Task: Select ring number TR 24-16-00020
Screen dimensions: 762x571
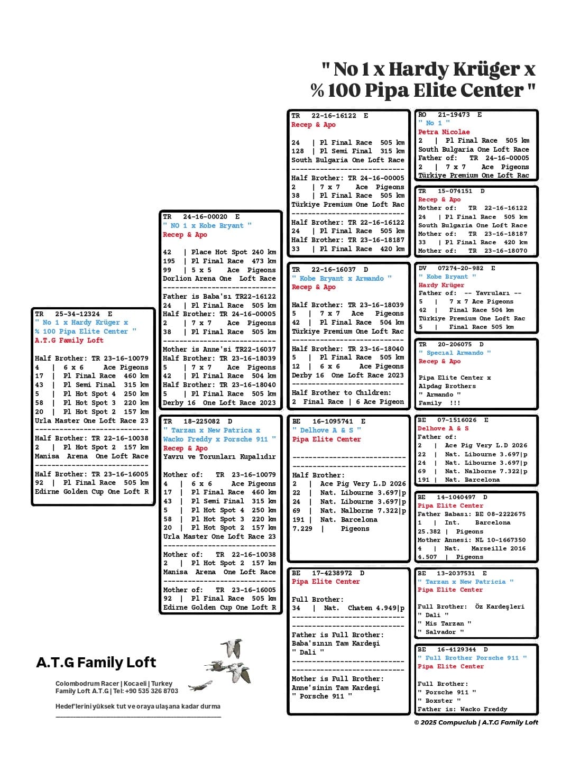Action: coord(201,216)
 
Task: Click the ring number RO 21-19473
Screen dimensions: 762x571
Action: coord(450,114)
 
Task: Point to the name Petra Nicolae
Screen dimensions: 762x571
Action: coord(444,132)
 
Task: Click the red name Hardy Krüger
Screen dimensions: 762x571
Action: coord(441,285)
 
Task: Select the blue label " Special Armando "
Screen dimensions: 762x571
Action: coord(454,353)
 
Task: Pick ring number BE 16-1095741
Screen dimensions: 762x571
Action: coord(328,421)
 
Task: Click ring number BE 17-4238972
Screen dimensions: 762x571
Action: coord(327,573)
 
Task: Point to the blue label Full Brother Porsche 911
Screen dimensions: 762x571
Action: coord(472,658)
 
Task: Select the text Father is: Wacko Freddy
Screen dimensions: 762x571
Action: coord(462,709)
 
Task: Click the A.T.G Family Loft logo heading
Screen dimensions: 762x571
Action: coord(96,663)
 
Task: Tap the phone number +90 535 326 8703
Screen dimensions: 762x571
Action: coord(153,691)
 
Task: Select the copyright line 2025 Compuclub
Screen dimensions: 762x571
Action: coord(476,722)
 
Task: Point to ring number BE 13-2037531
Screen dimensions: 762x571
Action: coord(453,573)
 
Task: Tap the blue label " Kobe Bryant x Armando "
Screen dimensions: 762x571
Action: coord(342,278)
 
